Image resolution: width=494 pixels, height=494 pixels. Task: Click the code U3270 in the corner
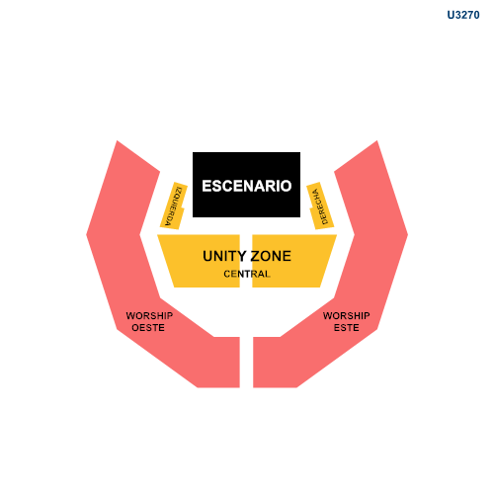pyautogui.click(x=463, y=15)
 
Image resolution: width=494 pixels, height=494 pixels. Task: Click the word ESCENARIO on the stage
pyautogui.click(x=247, y=186)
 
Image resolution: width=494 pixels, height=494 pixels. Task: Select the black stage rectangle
pyautogui.click(x=246, y=185)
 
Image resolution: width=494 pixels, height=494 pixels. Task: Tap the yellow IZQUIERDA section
pyautogui.click(x=174, y=206)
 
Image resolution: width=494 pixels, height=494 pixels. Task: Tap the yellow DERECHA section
pyautogui.click(x=320, y=206)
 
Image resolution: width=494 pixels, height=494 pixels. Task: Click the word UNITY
pyautogui.click(x=224, y=256)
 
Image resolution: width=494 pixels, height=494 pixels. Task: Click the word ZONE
pyautogui.click(x=271, y=256)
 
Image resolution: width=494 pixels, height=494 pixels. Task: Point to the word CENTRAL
pyautogui.click(x=247, y=274)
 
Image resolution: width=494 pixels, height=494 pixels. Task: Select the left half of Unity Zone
pyautogui.click(x=201, y=261)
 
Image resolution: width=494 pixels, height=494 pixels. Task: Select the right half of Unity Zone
pyautogui.click(x=293, y=261)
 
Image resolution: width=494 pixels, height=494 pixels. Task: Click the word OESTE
pyautogui.click(x=148, y=328)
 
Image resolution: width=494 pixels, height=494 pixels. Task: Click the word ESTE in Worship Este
pyautogui.click(x=347, y=328)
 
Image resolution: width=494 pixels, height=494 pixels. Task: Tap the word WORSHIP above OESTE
pyautogui.click(x=149, y=316)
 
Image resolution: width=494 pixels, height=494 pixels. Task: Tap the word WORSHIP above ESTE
pyautogui.click(x=347, y=316)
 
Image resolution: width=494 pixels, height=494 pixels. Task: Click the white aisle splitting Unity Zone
pyautogui.click(x=246, y=261)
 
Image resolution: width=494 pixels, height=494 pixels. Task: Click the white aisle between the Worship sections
pyautogui.click(x=246, y=363)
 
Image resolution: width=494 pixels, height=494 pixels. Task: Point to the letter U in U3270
pyautogui.click(x=451, y=15)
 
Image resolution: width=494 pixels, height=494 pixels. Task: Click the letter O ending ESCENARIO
pyautogui.click(x=286, y=186)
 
